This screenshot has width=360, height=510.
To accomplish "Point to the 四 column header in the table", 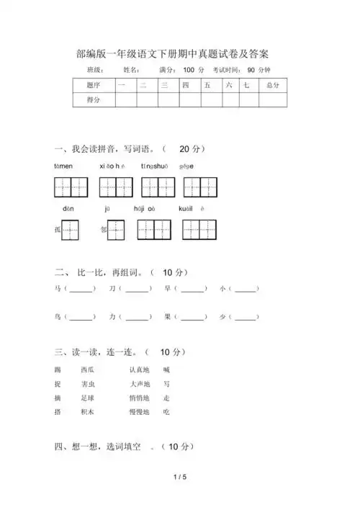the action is click(x=185, y=86).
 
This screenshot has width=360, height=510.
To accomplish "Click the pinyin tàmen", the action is click(x=63, y=166).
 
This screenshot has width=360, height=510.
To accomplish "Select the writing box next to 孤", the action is click(x=71, y=230).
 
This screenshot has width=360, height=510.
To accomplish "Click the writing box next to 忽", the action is click(x=116, y=230).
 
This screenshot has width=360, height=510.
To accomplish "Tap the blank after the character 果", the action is click(x=192, y=317).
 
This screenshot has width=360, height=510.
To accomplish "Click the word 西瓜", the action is click(x=88, y=370).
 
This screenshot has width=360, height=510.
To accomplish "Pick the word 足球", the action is click(x=88, y=398).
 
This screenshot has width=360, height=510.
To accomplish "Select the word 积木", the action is click(x=88, y=411).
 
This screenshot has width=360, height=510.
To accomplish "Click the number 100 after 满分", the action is click(x=189, y=70).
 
